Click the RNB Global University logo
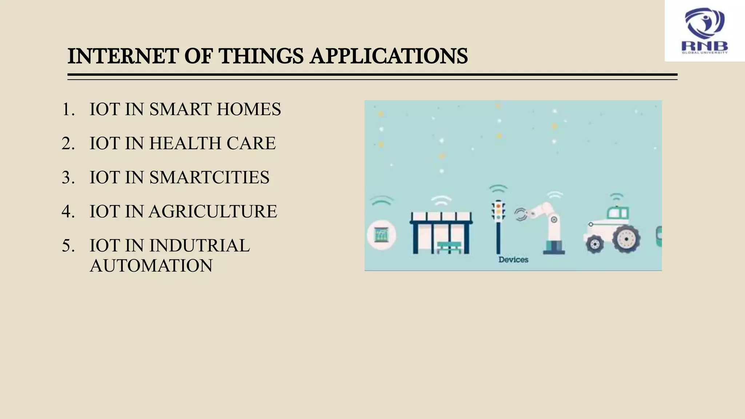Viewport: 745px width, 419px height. point(705,31)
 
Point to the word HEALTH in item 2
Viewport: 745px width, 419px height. point(185,143)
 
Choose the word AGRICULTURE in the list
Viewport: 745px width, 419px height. point(213,211)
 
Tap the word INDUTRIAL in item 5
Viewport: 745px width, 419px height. point(199,246)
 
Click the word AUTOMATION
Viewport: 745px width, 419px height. point(151,266)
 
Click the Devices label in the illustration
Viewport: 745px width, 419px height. point(513,260)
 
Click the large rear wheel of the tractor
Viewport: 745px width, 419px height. point(626,239)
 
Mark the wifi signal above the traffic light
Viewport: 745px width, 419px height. point(498,189)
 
